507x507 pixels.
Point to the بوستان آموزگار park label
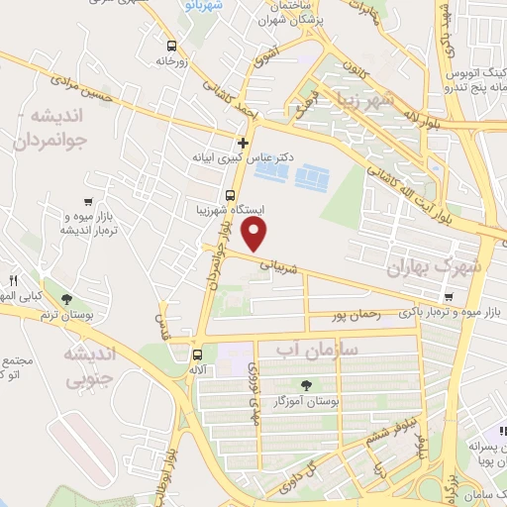[307, 401]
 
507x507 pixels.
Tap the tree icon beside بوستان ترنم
[67, 299]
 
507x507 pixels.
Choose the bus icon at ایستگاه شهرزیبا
[230, 195]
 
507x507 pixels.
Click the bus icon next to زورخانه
[172, 46]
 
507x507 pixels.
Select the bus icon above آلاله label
[196, 355]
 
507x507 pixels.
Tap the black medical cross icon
[244, 142]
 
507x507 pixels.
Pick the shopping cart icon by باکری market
[449, 296]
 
